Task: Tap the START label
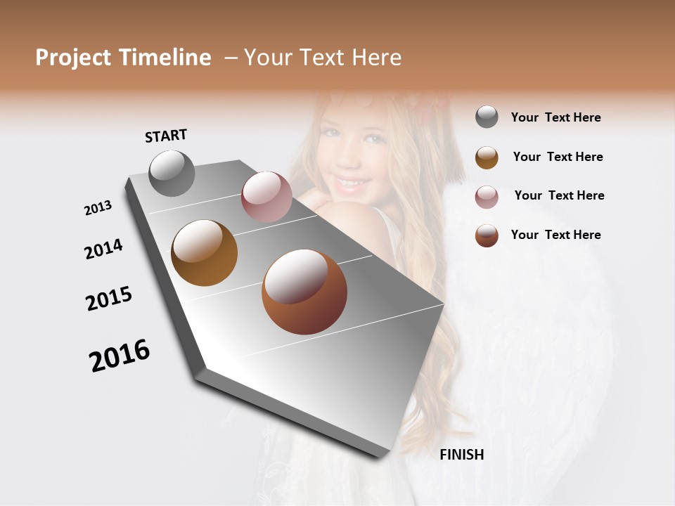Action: click(x=166, y=136)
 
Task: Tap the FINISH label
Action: click(x=462, y=455)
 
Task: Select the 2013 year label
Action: click(x=98, y=208)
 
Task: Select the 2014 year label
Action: click(x=104, y=249)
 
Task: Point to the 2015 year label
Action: click(x=109, y=299)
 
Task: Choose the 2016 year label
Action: click(x=120, y=356)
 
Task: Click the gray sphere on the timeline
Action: click(x=172, y=173)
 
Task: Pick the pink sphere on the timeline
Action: click(x=266, y=197)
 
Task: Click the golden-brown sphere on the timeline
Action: click(x=205, y=253)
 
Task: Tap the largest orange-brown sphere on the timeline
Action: click(x=304, y=292)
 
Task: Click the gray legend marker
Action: click(x=487, y=117)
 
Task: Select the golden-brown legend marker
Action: click(x=487, y=157)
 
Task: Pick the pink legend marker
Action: click(x=487, y=196)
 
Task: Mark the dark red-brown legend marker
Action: click(x=487, y=235)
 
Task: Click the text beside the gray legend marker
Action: click(x=556, y=117)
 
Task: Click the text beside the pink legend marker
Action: click(x=559, y=195)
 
